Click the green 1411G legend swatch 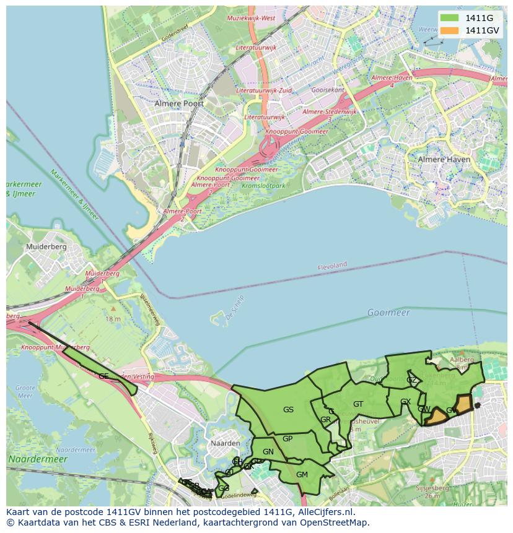[x=449, y=18]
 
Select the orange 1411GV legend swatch [x=449, y=30]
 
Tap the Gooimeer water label [x=388, y=313]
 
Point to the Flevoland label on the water [x=332, y=266]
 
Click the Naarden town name [x=225, y=443]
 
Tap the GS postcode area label [x=288, y=409]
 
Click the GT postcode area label [x=358, y=404]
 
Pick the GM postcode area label [x=302, y=475]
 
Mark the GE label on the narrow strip [x=103, y=376]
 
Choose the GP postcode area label [x=287, y=439]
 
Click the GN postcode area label [x=268, y=452]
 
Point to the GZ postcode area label [x=411, y=380]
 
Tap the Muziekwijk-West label [x=251, y=19]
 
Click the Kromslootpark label [x=263, y=185]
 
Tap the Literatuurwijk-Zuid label [x=268, y=90]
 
